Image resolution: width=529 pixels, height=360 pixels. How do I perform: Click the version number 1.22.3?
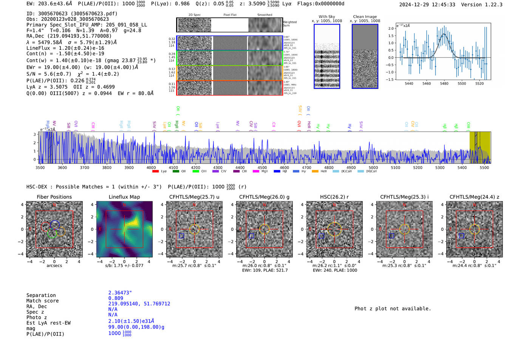tap(490, 5)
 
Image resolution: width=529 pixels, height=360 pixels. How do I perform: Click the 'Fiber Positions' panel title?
tap(54, 197)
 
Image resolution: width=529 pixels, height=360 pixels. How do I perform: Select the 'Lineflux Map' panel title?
tap(124, 197)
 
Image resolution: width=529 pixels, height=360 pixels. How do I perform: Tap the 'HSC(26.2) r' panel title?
tap(334, 197)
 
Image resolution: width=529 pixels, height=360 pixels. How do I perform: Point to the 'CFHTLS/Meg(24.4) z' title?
tap(474, 197)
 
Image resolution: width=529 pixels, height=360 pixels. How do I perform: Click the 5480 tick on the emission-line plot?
tap(444, 83)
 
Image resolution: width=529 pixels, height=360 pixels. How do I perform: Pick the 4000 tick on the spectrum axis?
tap(151, 168)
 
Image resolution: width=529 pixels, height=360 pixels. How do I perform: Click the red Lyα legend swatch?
tap(155, 172)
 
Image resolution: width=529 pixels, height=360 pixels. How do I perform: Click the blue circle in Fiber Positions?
tap(55, 225)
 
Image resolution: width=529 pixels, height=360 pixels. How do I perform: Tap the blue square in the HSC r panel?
tap(321, 236)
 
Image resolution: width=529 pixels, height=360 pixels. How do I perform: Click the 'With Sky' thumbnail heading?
tap(327, 17)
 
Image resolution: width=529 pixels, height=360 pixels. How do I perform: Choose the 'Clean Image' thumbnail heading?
tap(365, 17)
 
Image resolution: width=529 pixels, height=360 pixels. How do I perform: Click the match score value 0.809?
tap(116, 298)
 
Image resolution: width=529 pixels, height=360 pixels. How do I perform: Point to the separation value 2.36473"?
tap(120, 293)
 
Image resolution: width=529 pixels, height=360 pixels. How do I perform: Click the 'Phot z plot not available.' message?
tap(393, 309)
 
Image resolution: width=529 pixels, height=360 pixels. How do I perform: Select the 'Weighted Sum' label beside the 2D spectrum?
tap(290, 24)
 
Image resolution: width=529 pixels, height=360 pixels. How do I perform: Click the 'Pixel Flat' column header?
tap(230, 15)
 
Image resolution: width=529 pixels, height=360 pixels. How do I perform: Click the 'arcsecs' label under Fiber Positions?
tap(54, 266)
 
